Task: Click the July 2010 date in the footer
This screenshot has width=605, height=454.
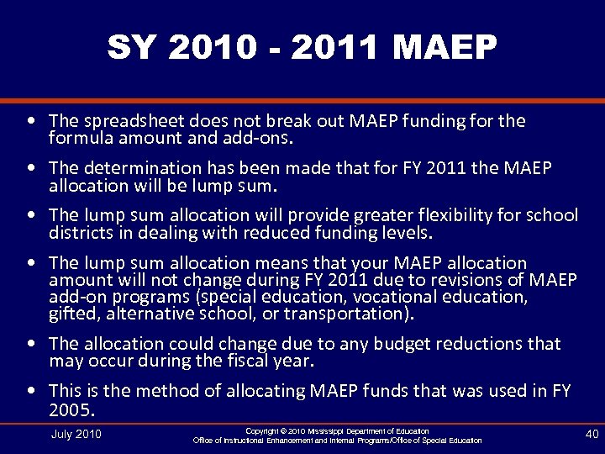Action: pos(76,434)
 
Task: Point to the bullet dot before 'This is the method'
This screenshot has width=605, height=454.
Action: pos(31,392)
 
